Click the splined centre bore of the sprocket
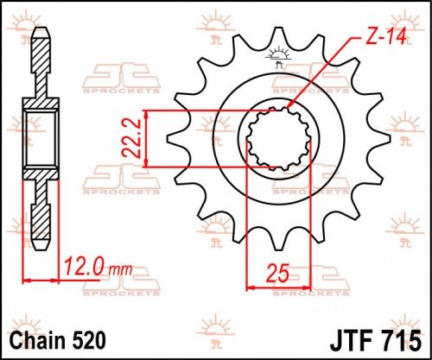point(275,138)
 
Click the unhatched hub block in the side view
point(41,138)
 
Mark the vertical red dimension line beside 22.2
point(150,138)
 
